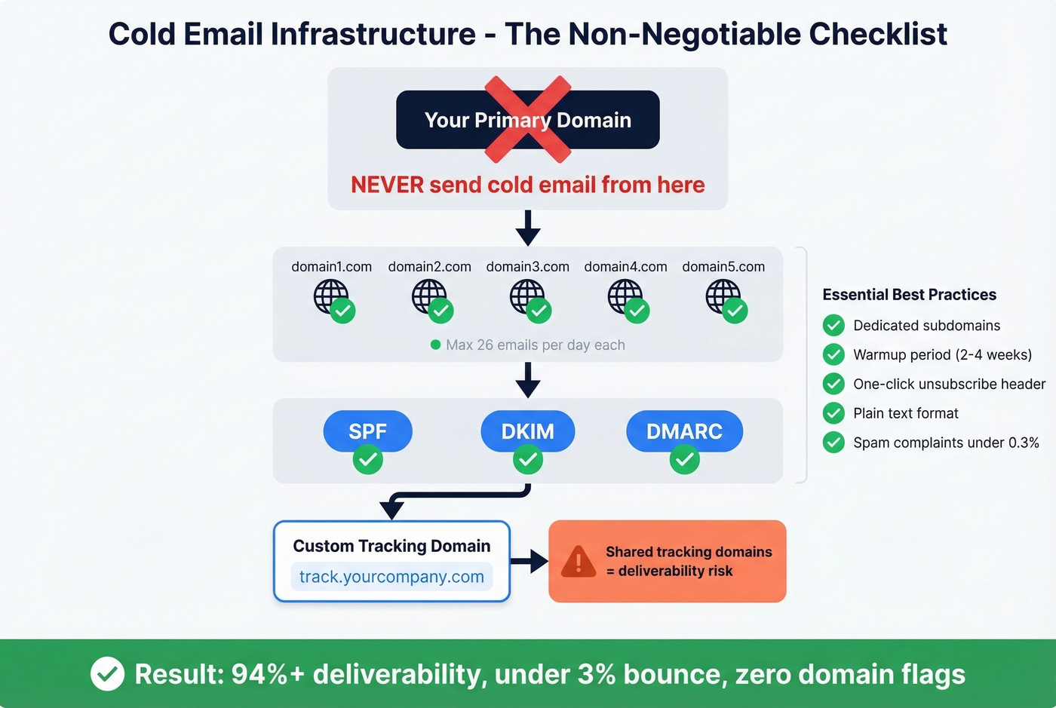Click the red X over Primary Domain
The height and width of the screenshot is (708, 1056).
tap(527, 119)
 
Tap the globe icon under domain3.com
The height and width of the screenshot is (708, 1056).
tap(526, 296)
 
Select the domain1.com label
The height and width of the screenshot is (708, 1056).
tap(331, 267)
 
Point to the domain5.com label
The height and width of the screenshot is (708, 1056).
tap(723, 267)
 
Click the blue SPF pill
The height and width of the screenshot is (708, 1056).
tap(367, 431)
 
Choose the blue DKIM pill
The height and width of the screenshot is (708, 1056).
tap(527, 431)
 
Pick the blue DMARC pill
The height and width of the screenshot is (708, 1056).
tap(684, 431)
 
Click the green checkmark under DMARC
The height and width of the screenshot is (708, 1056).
tap(684, 459)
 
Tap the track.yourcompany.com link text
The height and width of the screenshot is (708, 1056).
tap(391, 577)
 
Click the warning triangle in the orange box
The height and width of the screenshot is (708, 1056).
tap(579, 561)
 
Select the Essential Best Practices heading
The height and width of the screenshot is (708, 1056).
tap(909, 295)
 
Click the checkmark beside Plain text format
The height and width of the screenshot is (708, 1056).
tap(833, 413)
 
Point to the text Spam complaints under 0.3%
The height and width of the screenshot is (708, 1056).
tap(946, 443)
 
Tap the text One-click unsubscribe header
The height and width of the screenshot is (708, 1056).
tap(949, 384)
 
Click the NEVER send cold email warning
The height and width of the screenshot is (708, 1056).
tap(527, 185)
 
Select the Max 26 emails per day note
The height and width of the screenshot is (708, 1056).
tap(535, 345)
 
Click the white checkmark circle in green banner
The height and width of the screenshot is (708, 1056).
tap(107, 673)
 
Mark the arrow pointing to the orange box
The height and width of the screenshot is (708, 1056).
tap(530, 561)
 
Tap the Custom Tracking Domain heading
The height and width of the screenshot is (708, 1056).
tap(391, 546)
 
